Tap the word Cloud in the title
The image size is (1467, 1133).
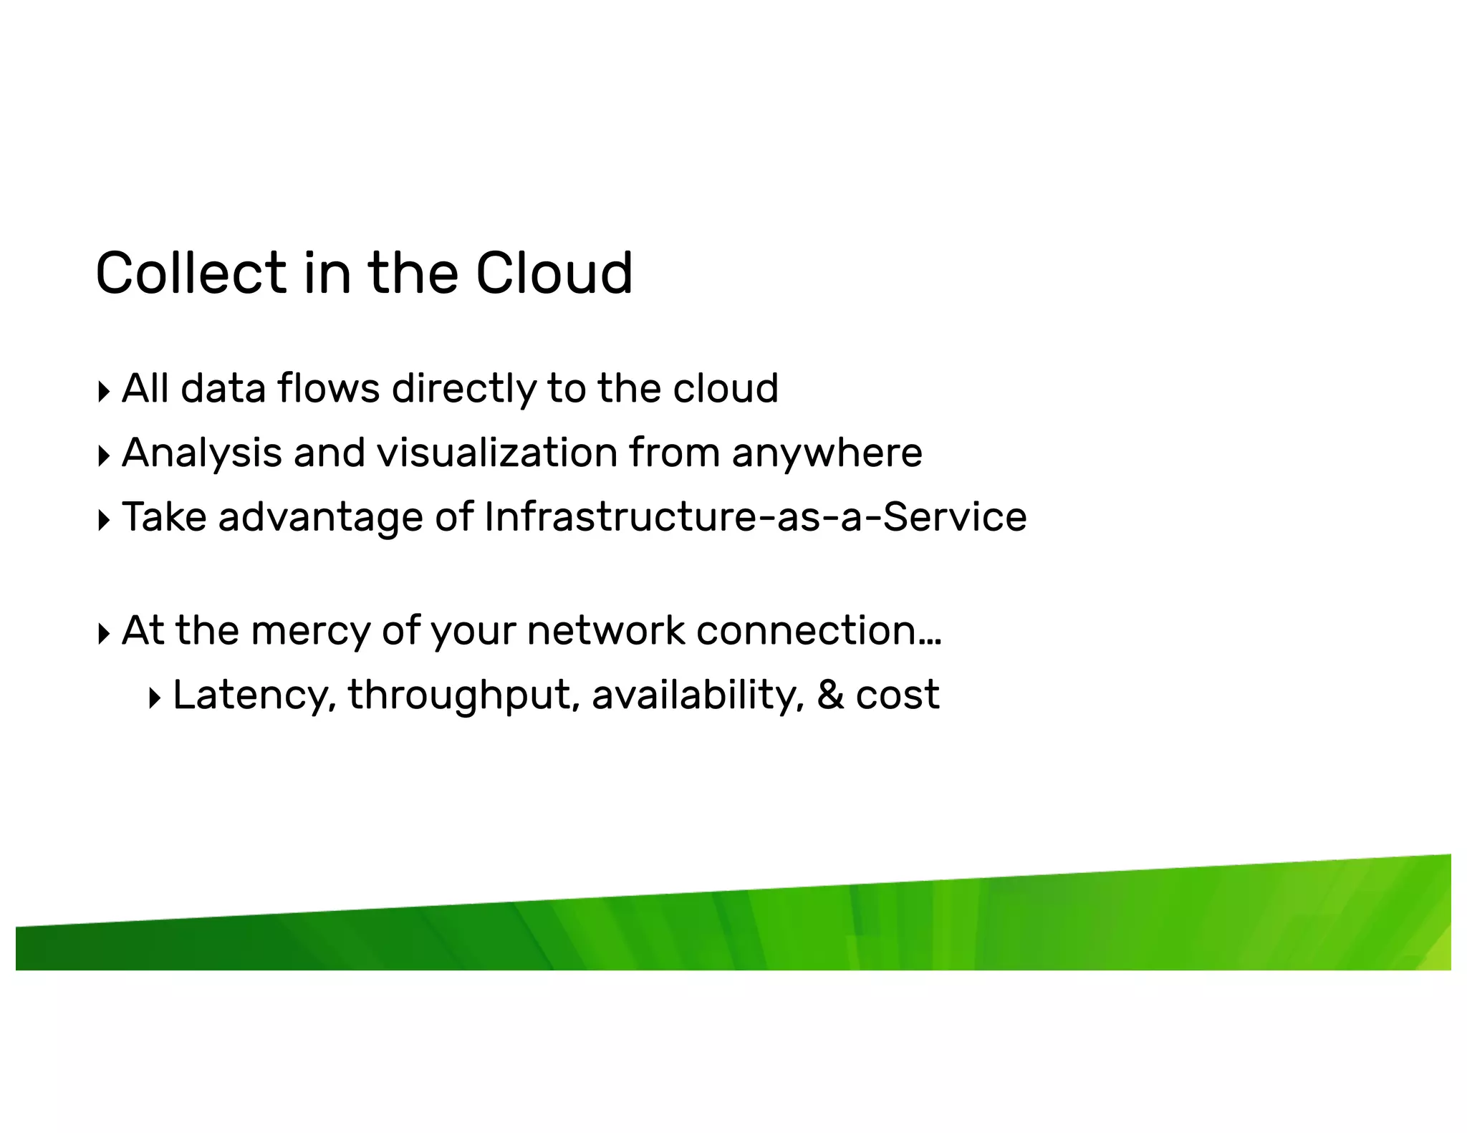pyautogui.click(x=554, y=273)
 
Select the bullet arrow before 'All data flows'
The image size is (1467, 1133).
pyautogui.click(x=104, y=392)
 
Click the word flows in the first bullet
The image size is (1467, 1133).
pyautogui.click(x=328, y=389)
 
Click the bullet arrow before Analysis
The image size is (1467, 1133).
pyautogui.click(x=104, y=455)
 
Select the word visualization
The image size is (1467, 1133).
pyautogui.click(x=497, y=453)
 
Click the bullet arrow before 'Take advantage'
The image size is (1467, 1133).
pyautogui.click(x=104, y=520)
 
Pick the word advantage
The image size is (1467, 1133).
pyautogui.click(x=320, y=519)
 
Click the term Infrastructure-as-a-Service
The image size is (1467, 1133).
pyautogui.click(x=755, y=517)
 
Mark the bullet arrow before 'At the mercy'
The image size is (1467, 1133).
pyautogui.click(x=104, y=633)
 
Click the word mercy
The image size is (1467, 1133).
pyautogui.click(x=310, y=632)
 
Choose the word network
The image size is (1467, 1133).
pyautogui.click(x=606, y=630)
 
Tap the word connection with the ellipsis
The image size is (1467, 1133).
pyautogui.click(x=818, y=630)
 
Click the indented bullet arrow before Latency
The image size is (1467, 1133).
pyautogui.click(x=155, y=698)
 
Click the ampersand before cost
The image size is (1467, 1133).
pyautogui.click(x=830, y=695)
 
